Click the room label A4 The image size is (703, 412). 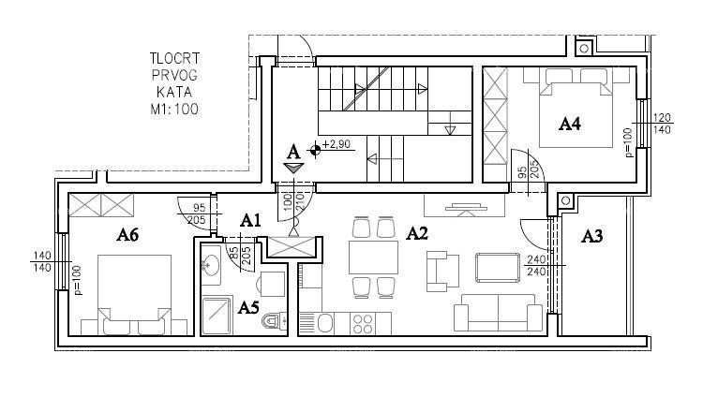click(x=571, y=123)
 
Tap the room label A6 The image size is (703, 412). click(x=128, y=235)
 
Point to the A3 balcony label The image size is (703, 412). click(x=591, y=236)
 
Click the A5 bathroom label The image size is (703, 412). click(x=248, y=306)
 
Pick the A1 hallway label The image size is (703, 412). click(x=249, y=221)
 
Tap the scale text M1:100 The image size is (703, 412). click(x=173, y=110)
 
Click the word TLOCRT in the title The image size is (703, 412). click(x=173, y=59)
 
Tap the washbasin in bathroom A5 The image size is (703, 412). click(x=211, y=265)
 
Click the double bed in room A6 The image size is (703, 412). click(x=129, y=290)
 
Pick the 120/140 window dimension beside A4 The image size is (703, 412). click(x=663, y=125)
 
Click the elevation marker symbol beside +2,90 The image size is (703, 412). click(x=316, y=148)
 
